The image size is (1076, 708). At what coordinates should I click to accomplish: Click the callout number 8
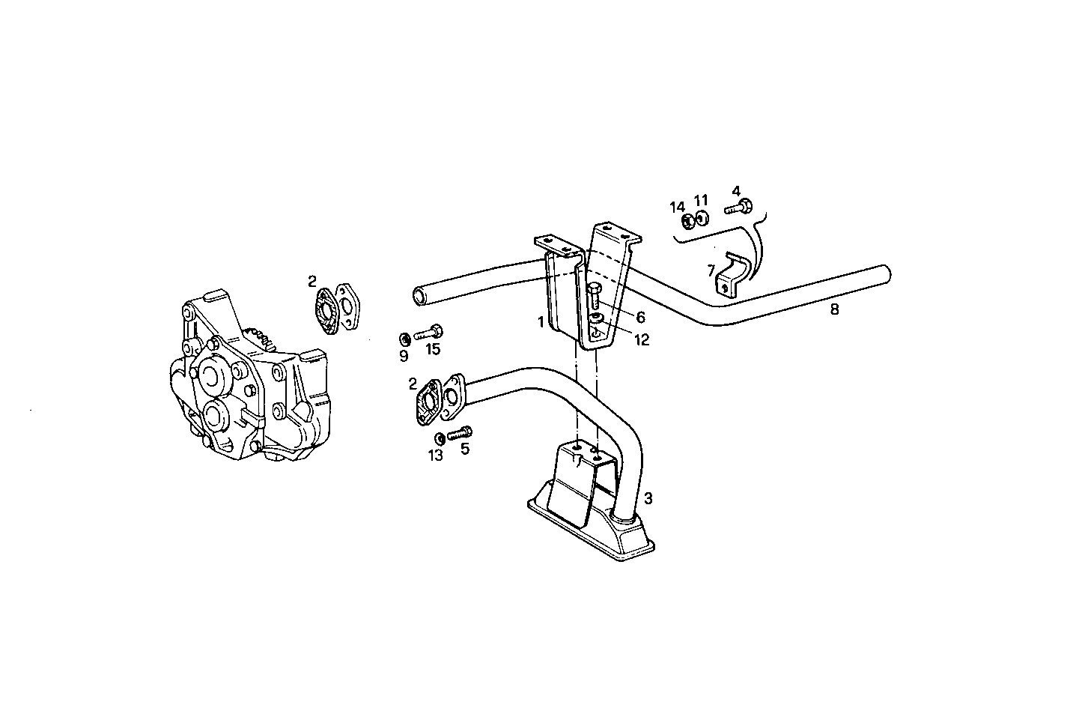click(834, 309)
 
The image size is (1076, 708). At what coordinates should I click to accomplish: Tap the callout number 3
click(648, 497)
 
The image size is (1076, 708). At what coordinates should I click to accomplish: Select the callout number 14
click(677, 207)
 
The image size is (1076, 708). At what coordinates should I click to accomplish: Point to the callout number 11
click(700, 200)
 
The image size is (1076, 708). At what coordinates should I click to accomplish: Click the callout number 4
click(736, 190)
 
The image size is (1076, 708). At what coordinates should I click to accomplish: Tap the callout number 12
click(641, 339)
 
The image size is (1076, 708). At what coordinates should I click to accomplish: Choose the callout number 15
click(433, 348)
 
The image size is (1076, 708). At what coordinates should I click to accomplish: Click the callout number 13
click(436, 455)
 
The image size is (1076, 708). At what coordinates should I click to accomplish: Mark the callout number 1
click(540, 322)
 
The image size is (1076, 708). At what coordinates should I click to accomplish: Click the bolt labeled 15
click(429, 331)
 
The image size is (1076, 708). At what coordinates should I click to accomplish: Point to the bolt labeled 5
click(460, 433)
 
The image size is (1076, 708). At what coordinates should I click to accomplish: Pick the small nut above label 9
click(403, 336)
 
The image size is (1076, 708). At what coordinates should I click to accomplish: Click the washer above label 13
click(440, 438)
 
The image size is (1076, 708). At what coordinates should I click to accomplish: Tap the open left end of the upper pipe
click(420, 294)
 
